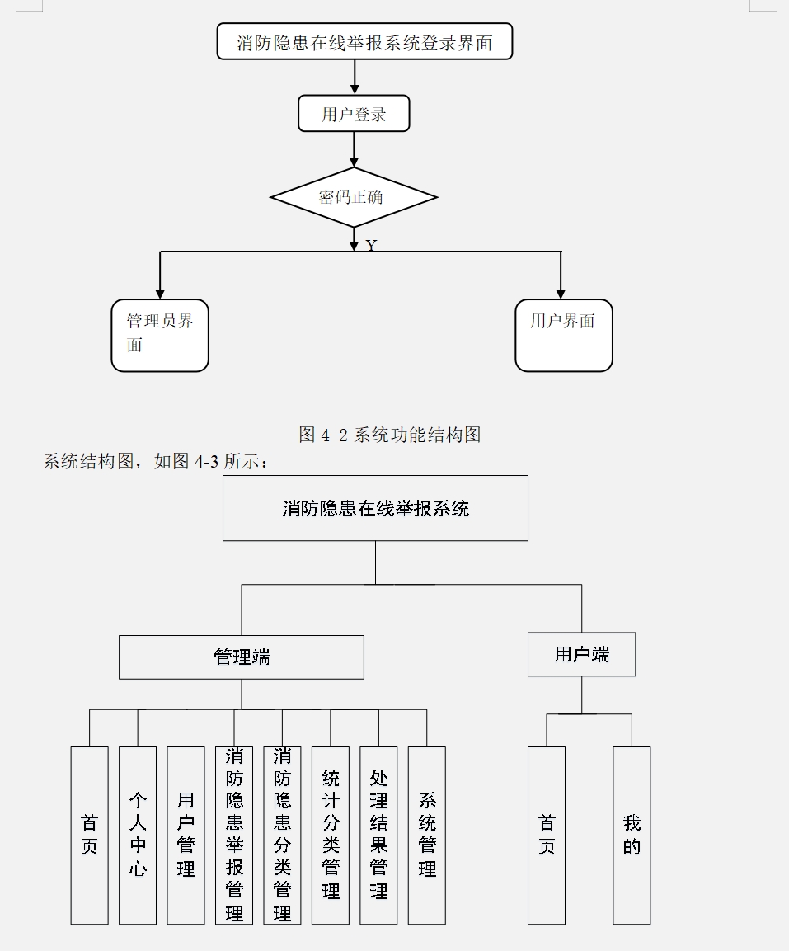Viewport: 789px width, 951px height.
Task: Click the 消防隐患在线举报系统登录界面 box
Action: [364, 42]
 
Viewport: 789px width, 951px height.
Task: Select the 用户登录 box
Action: [354, 114]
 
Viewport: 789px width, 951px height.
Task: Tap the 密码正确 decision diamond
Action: [354, 197]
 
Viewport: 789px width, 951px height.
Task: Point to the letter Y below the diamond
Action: [371, 246]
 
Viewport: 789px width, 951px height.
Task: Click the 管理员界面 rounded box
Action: [160, 335]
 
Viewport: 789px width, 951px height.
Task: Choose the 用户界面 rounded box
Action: [563, 335]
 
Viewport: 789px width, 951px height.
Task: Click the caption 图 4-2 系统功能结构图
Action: [390, 435]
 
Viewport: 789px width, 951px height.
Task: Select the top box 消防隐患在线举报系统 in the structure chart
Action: [375, 508]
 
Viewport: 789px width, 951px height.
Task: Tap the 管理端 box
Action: [241, 657]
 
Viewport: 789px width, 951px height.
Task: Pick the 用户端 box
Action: [581, 654]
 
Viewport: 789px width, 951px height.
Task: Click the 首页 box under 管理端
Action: [89, 835]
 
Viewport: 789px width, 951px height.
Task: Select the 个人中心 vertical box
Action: [138, 835]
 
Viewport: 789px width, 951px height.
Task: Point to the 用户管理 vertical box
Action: [186, 835]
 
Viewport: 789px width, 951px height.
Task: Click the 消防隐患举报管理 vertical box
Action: [234, 835]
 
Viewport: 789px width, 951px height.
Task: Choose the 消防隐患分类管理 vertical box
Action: [282, 835]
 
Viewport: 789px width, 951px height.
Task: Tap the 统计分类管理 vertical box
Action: [331, 835]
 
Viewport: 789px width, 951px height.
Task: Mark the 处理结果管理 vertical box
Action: [378, 835]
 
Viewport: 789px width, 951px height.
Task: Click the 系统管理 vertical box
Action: [427, 835]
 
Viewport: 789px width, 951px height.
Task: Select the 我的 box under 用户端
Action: [632, 835]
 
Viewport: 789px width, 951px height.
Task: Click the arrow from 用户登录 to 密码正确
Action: [355, 149]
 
